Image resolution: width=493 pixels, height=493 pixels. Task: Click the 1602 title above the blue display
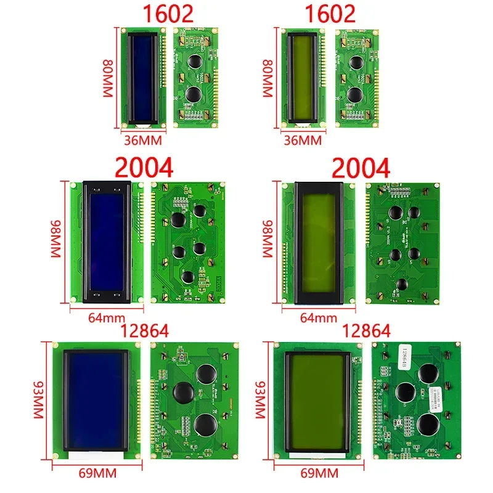168,14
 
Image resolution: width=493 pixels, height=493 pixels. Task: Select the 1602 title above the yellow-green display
331,14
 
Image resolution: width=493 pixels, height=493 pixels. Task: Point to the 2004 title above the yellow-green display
361,168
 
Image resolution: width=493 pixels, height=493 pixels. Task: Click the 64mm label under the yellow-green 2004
317,318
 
